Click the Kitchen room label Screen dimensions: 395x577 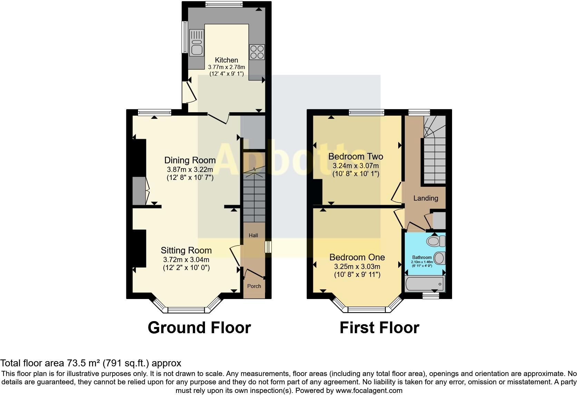[226, 60]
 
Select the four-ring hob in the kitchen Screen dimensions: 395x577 [257, 52]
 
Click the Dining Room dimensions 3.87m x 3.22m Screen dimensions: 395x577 [190, 170]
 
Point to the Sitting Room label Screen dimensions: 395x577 [186, 250]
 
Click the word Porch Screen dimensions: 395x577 [254, 286]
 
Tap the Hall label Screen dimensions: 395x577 [253, 235]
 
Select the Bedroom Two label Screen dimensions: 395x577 [355, 156]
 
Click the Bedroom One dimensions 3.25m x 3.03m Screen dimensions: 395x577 [357, 267]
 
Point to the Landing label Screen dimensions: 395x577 [426, 198]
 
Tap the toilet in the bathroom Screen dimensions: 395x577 [436, 241]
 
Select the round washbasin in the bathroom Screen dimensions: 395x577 [439, 258]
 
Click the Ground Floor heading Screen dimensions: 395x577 [199, 327]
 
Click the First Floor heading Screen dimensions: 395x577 [379, 327]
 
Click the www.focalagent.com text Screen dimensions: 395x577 [369, 391]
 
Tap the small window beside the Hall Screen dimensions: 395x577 [268, 247]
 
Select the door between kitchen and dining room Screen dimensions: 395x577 [218, 118]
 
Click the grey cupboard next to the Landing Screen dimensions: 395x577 [439, 220]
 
